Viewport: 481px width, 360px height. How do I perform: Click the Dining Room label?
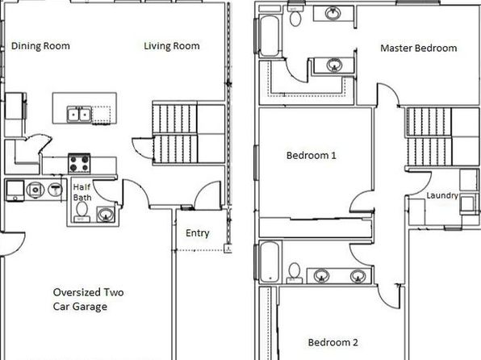click(x=40, y=46)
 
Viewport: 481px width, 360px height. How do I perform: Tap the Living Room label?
click(x=172, y=46)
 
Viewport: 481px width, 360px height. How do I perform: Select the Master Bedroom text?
click(x=418, y=48)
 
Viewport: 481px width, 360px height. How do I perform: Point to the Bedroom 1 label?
click(x=311, y=155)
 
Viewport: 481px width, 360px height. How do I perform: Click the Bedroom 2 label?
click(x=333, y=342)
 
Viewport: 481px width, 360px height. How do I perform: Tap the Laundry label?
click(x=442, y=195)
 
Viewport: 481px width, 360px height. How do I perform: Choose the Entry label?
click(x=198, y=233)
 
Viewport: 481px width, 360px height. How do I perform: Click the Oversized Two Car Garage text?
click(x=88, y=299)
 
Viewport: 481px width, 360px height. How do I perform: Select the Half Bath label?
click(x=82, y=192)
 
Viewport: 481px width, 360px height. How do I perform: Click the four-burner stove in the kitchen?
click(x=79, y=164)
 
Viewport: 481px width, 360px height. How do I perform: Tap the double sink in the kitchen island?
click(x=79, y=115)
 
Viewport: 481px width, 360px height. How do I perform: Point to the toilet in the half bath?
click(x=82, y=211)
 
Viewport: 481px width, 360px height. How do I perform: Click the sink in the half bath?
click(x=106, y=214)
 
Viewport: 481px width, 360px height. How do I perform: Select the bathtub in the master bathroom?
click(x=269, y=36)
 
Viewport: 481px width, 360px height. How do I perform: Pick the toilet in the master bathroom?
click(x=295, y=16)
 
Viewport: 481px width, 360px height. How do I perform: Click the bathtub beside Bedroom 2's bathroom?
click(x=270, y=262)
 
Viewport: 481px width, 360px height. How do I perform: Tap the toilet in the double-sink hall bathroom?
click(x=295, y=273)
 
